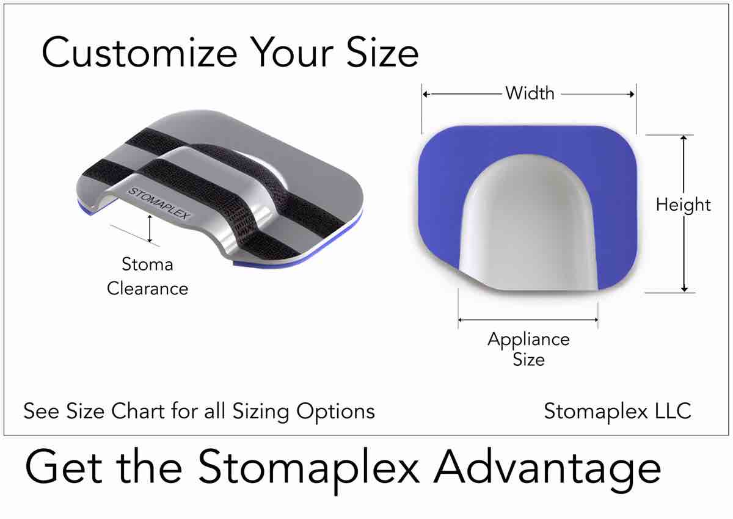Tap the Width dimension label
point(530,93)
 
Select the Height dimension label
point(684,205)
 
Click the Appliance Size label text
point(528,349)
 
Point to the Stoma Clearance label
point(147,276)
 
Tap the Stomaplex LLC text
point(617,411)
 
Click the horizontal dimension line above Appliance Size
point(528,319)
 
